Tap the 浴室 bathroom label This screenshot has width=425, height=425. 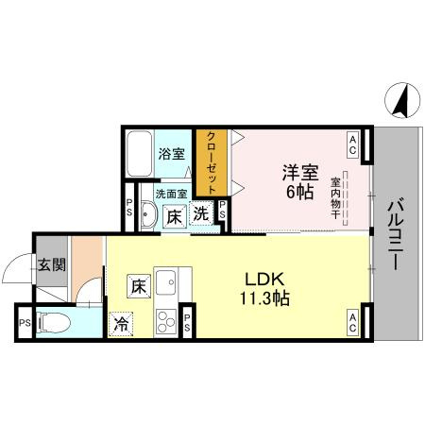point(171,153)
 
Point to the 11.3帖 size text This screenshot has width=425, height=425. point(265,298)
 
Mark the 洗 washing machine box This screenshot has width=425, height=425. point(201,213)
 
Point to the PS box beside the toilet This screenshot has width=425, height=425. point(24,324)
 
